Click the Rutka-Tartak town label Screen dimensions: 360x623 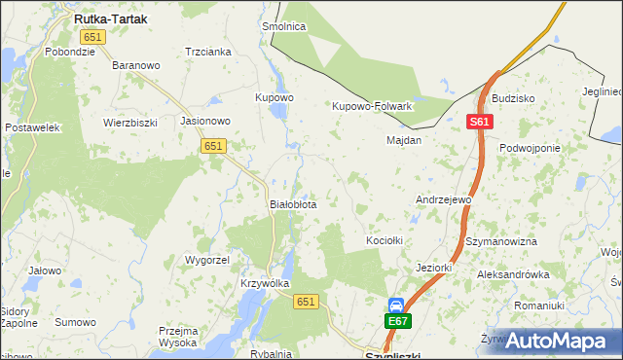coord(111,18)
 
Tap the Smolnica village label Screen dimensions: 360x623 coord(284,27)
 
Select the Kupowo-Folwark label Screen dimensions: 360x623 coord(373,106)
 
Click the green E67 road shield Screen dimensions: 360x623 coord(398,321)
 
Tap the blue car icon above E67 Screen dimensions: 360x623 coord(397,305)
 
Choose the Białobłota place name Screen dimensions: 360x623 coord(293,205)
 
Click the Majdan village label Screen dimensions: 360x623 coord(404,140)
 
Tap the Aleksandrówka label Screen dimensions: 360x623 coord(513,275)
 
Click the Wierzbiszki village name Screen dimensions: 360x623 coord(130,124)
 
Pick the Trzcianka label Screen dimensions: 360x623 coord(207,52)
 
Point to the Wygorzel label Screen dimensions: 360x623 coord(206,261)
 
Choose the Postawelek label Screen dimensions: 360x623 coord(33,127)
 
